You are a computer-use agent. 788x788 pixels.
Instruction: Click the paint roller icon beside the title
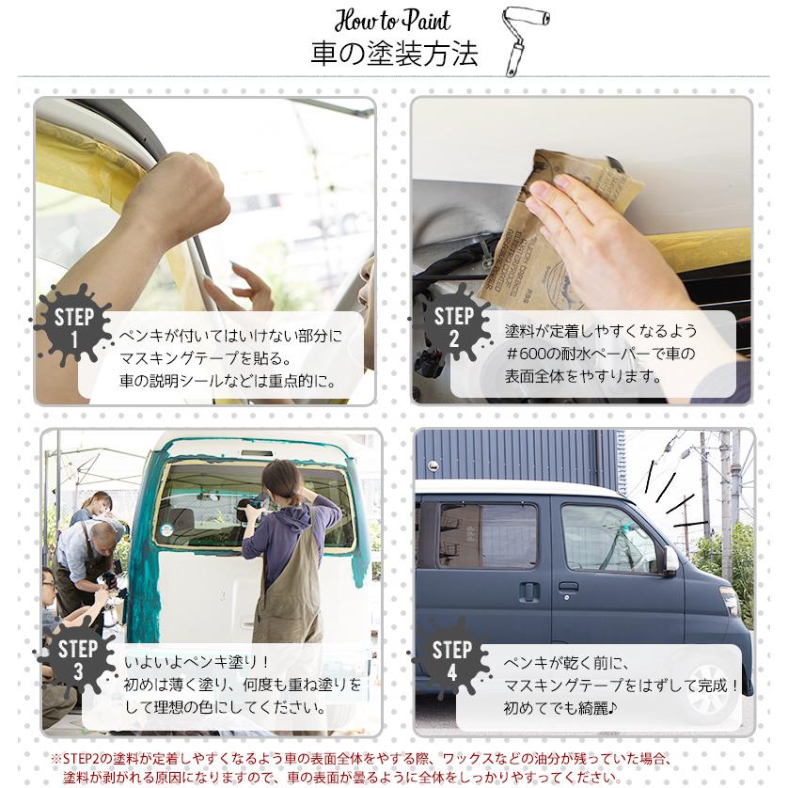[x=524, y=39]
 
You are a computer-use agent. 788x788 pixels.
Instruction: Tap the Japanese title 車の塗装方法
[x=394, y=54]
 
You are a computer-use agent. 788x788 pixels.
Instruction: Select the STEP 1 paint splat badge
[x=73, y=323]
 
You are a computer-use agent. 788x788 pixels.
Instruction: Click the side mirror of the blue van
[x=670, y=560]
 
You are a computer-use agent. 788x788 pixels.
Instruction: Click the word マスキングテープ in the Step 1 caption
[x=179, y=358]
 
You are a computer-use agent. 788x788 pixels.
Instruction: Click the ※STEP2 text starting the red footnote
[x=79, y=759]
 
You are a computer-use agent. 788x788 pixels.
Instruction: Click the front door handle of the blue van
[x=568, y=588]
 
